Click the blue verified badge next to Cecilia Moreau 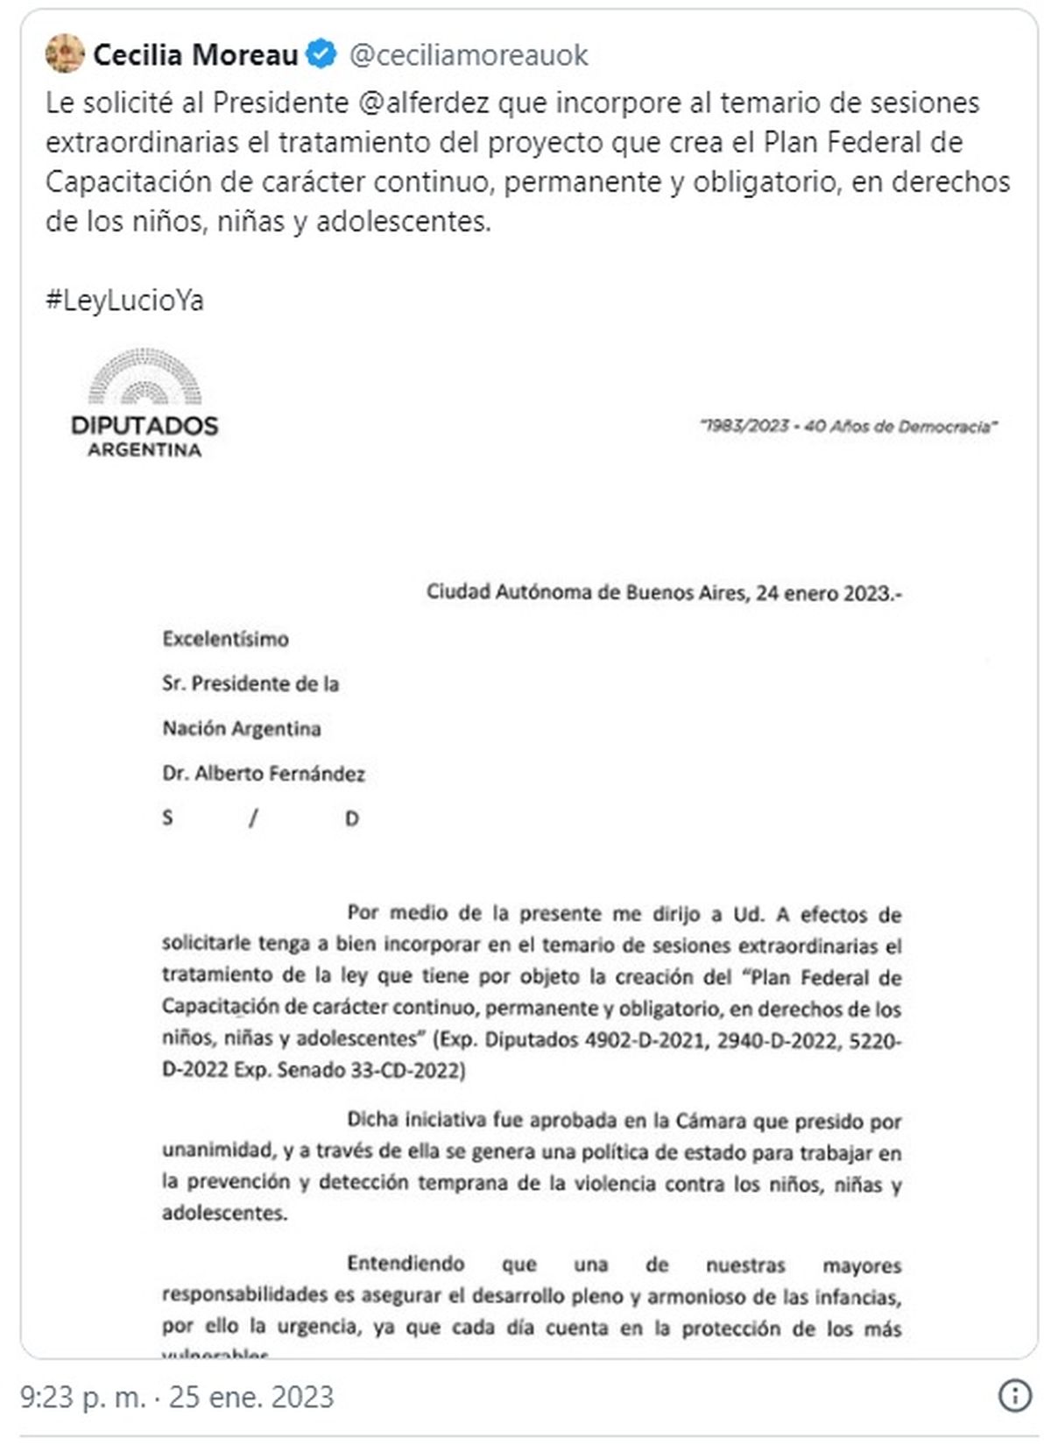(x=321, y=54)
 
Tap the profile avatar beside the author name (x=65, y=54)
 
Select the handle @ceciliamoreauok (x=469, y=55)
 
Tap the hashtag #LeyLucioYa (x=124, y=301)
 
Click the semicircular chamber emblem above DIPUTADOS (x=145, y=377)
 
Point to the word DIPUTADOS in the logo (x=145, y=426)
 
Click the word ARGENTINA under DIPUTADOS (x=145, y=450)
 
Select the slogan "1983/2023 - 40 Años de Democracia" (x=848, y=427)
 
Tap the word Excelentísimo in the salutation (x=225, y=639)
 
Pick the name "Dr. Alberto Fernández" (x=263, y=774)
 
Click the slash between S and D (x=253, y=818)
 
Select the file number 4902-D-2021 (x=645, y=1040)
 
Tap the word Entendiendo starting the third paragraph (x=406, y=1264)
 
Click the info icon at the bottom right (x=1014, y=1396)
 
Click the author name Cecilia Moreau (x=195, y=55)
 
